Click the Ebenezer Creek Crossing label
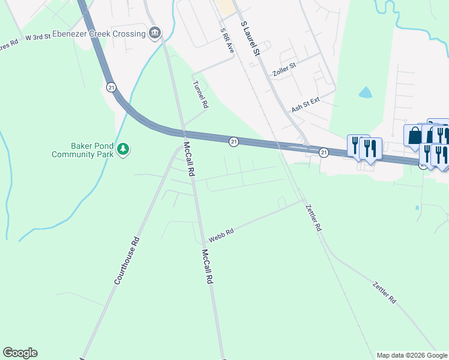click(100, 34)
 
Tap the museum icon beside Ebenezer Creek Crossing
click(155, 32)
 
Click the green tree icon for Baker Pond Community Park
click(123, 148)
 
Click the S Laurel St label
click(250, 39)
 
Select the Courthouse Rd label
click(127, 260)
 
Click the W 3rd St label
click(37, 37)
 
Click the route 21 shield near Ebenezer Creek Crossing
click(111, 87)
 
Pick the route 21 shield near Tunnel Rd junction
click(234, 141)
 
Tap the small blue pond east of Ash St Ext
click(365, 92)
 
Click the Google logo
click(20, 353)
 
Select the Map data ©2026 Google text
click(411, 355)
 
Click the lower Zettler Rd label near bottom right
click(384, 292)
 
